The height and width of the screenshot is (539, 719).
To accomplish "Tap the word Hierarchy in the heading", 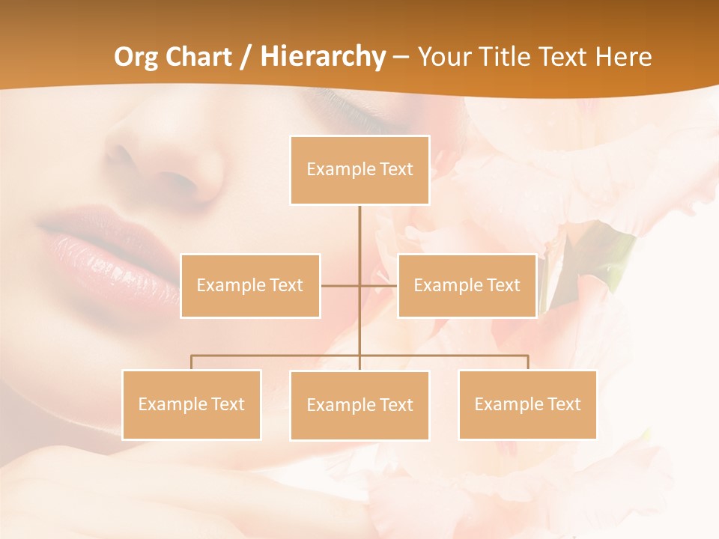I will click(x=323, y=57).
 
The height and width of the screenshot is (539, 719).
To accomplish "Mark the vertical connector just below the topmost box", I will click(x=359, y=225).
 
